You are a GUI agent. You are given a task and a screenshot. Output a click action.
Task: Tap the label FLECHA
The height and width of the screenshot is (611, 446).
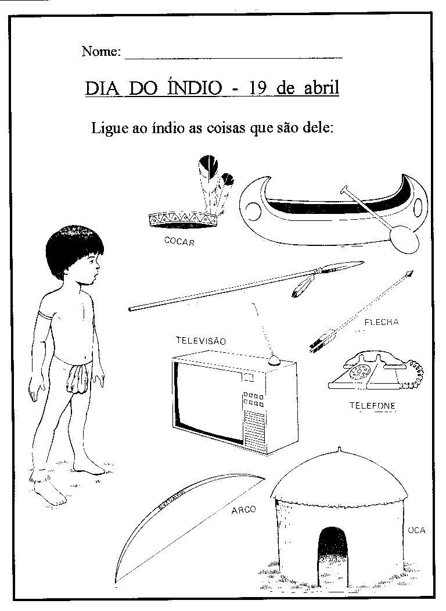[382, 321]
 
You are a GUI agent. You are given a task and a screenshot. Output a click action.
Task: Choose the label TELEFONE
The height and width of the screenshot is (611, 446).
[372, 405]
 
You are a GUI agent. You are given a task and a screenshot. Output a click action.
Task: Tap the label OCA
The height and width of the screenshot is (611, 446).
[416, 530]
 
